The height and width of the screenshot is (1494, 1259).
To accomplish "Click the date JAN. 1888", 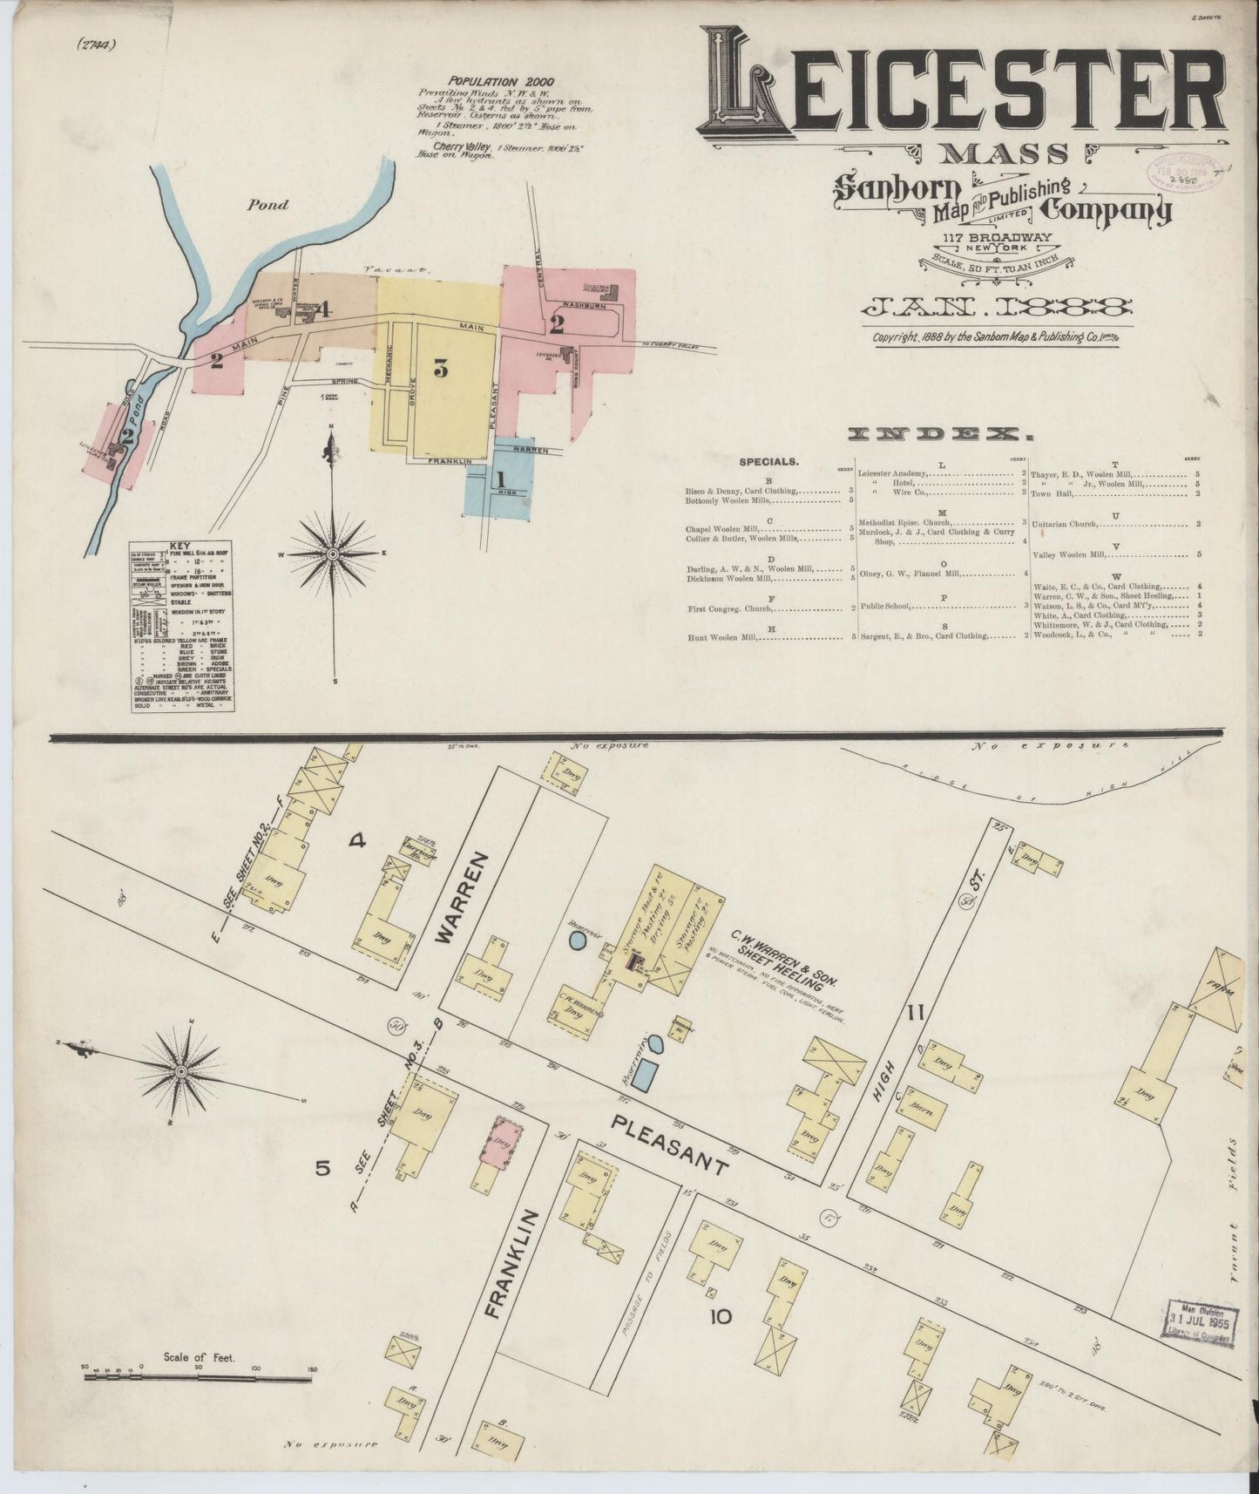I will pos(996,307).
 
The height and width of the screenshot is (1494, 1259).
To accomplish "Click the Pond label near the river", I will pos(267,206).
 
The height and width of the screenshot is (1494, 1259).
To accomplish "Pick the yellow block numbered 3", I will pos(440,370).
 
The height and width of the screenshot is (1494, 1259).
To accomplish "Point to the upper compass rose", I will pos(333,553).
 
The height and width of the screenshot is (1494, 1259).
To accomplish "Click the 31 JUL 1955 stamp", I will pos(1200,1326).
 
